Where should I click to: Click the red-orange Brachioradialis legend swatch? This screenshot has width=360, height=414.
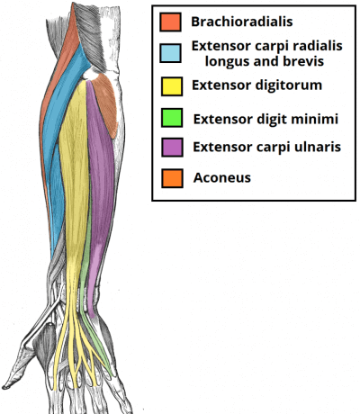[170, 22]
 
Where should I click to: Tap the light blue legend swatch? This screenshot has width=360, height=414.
[170, 53]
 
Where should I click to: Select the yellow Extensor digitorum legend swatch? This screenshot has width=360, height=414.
[172, 86]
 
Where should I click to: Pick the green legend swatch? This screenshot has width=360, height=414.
[172, 118]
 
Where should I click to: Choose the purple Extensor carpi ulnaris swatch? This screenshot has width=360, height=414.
[172, 148]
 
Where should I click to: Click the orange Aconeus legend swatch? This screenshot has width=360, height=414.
[172, 178]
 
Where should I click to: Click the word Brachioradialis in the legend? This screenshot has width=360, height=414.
[242, 22]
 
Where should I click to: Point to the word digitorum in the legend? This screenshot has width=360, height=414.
[288, 85]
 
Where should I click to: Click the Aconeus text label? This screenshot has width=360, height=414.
[222, 177]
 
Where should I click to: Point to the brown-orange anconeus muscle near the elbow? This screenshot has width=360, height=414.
[105, 102]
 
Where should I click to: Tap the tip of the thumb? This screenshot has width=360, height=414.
[4, 387]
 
